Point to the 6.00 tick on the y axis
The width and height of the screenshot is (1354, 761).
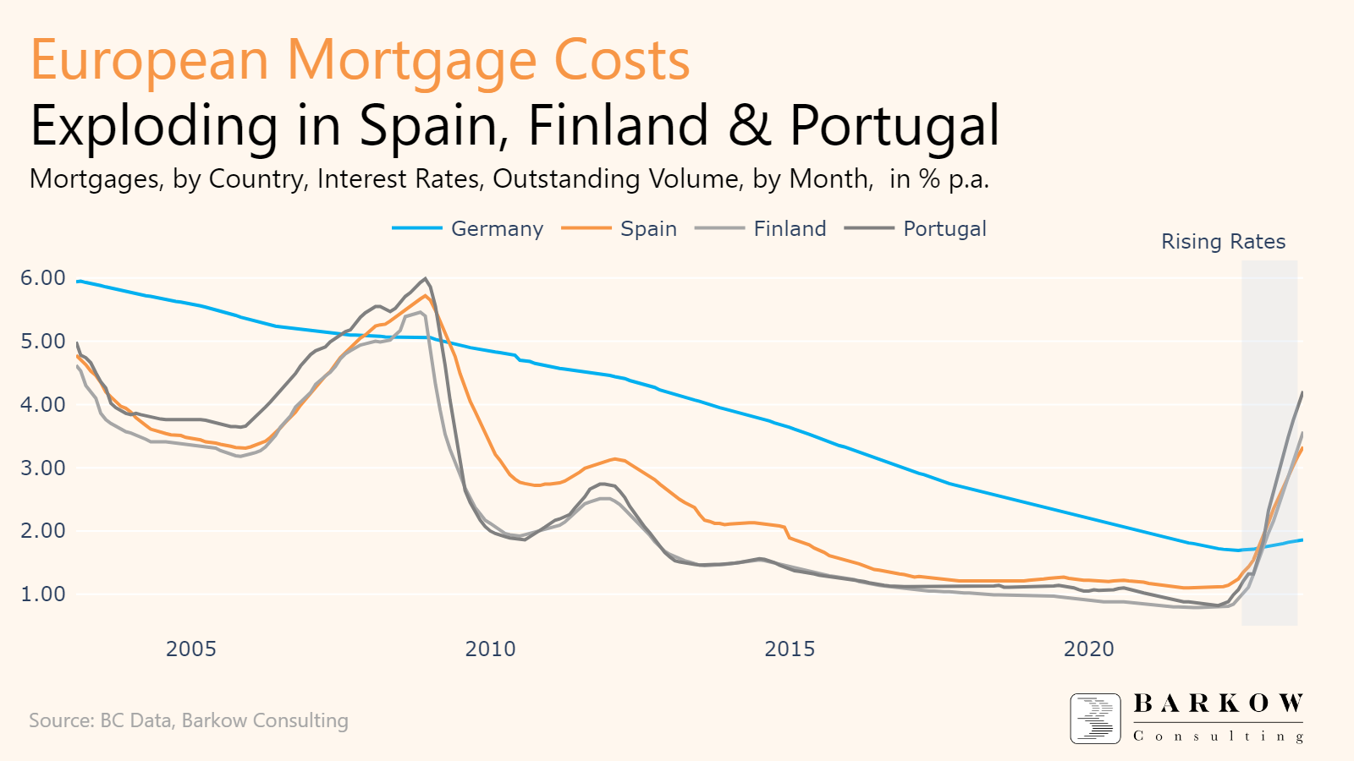coord(42,277)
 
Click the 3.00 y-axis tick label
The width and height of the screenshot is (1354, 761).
coord(42,468)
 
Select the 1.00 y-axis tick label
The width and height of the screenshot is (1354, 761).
coord(42,594)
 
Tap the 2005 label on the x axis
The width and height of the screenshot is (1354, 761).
coord(191,649)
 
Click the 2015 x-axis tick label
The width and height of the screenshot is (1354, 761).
coord(790,649)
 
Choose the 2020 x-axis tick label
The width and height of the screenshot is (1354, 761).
coord(1089,649)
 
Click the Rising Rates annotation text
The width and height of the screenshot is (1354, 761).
coord(1223,242)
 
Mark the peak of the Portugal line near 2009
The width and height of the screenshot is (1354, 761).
coord(425,278)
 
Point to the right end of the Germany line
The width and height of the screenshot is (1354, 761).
coord(1302,539)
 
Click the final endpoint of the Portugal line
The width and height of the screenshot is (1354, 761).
coord(1302,392)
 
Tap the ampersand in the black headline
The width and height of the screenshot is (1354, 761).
coord(749,127)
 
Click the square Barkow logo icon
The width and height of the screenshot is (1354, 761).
coord(1095,719)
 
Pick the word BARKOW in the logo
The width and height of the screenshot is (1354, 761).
coord(1218,704)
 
